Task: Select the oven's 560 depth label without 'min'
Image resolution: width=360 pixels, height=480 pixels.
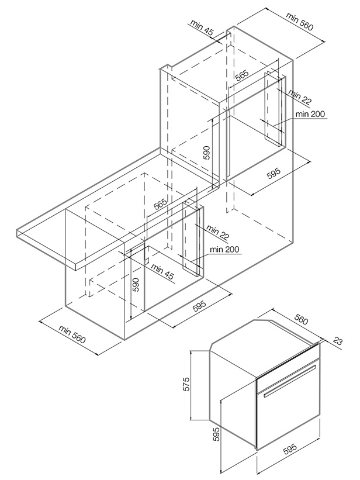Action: click(301, 320)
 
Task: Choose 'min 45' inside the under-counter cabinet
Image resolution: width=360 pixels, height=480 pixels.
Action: click(162, 273)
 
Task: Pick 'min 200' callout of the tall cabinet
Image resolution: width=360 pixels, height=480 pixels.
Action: click(310, 114)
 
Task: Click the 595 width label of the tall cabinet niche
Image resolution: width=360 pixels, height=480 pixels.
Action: click(274, 174)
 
